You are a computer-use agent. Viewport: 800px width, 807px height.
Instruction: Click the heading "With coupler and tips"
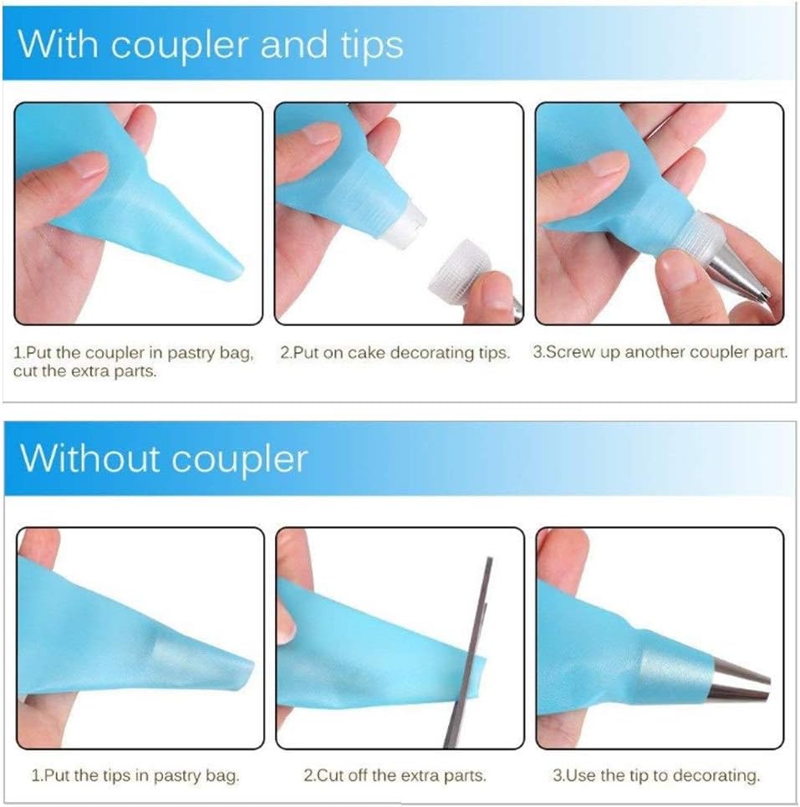tap(211, 45)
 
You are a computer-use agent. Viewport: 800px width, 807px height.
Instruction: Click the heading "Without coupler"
tap(164, 458)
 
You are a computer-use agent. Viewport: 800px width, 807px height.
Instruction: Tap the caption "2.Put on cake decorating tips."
tap(395, 353)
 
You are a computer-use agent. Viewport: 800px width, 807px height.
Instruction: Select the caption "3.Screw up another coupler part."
tap(660, 353)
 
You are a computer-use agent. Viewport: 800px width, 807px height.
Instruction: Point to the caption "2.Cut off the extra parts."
tap(395, 775)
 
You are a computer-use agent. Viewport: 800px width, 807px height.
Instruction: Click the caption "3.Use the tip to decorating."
tap(656, 775)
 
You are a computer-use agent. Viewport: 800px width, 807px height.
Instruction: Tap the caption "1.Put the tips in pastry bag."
tap(135, 775)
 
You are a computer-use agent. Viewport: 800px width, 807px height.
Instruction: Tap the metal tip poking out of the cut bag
tap(739, 682)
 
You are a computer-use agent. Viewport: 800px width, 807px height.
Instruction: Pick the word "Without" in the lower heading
tap(90, 457)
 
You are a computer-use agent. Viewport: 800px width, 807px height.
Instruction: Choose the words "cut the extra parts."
tap(85, 371)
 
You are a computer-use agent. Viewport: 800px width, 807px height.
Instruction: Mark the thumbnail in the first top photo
tap(86, 166)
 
